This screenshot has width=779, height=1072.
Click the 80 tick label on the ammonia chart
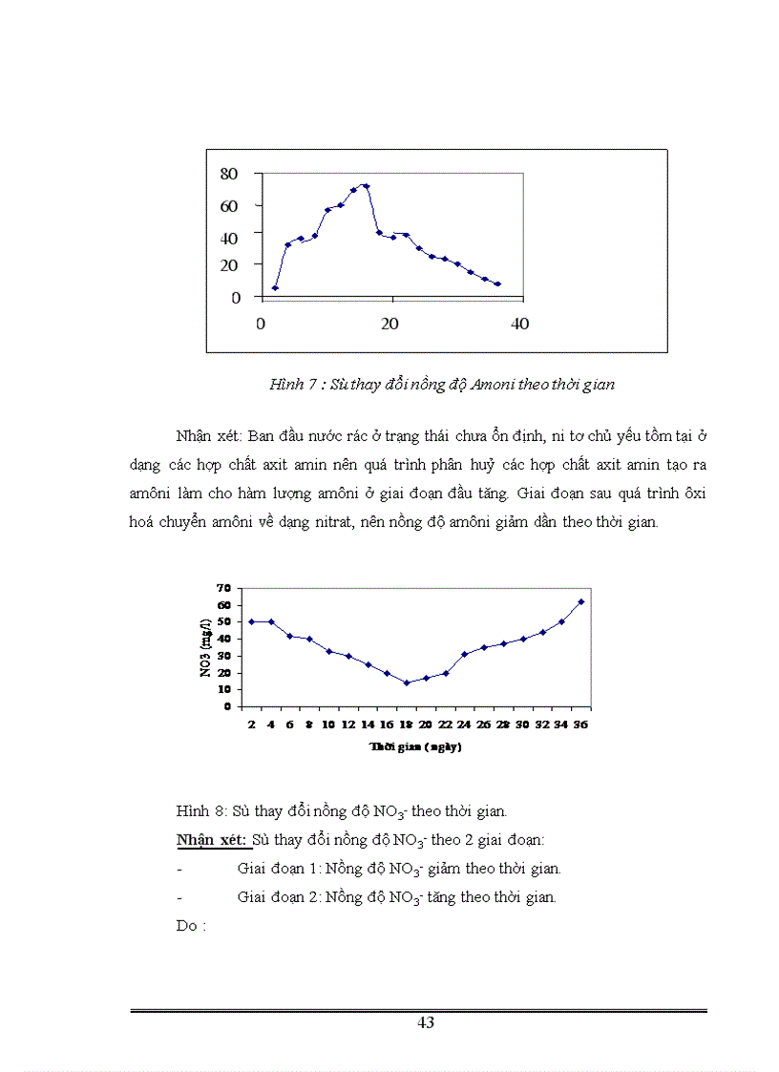pos(229,174)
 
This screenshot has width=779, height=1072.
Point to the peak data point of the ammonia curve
pos(366,186)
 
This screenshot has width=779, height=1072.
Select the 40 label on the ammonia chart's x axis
pos(519,324)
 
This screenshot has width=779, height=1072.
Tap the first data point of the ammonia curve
pos(275,287)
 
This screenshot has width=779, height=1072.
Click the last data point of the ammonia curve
pos(497,284)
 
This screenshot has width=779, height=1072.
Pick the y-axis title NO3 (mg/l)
pos(205,646)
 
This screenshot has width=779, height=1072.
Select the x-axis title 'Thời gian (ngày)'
pos(415,747)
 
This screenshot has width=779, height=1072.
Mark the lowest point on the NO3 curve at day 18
pos(406,683)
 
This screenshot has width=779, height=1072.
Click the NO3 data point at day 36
pos(580,602)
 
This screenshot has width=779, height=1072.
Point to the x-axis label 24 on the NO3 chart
pos(464,725)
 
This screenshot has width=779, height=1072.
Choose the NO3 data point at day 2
pos(252,621)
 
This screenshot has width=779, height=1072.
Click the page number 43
pos(426,1022)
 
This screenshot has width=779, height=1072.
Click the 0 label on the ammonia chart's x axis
pos(261,324)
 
